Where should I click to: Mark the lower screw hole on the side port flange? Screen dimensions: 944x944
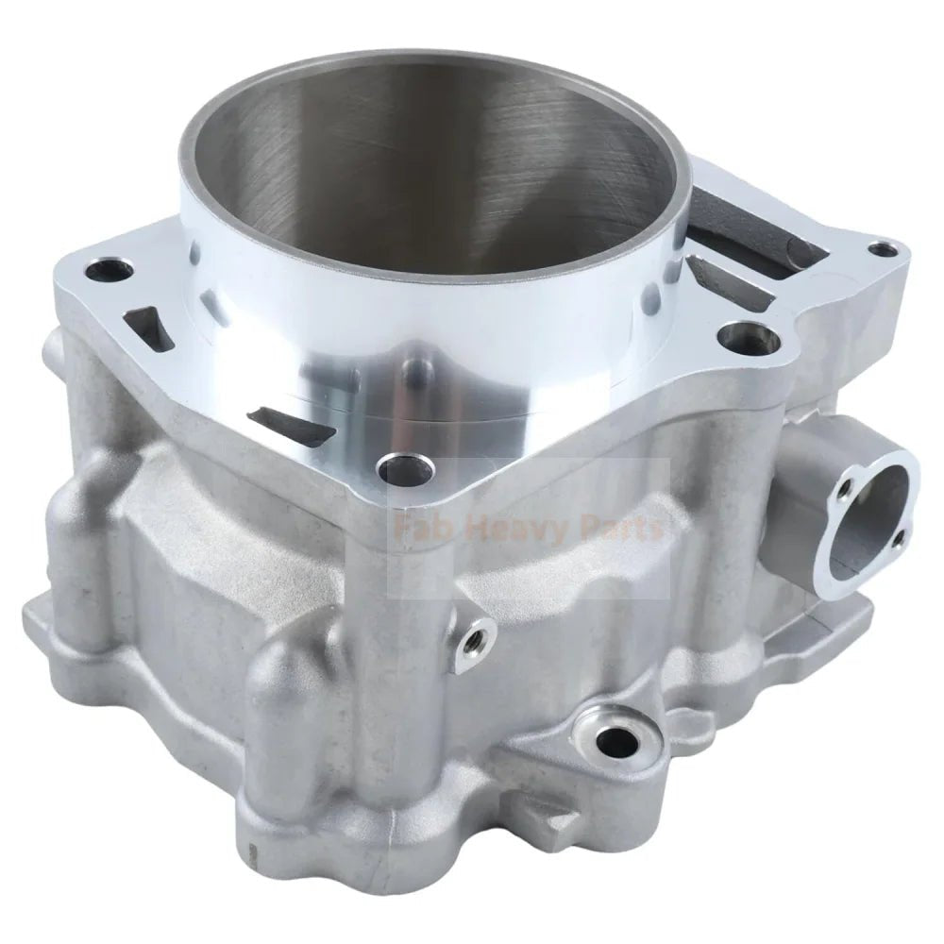[x=898, y=539]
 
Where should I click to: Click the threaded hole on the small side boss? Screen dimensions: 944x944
[x=473, y=639]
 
